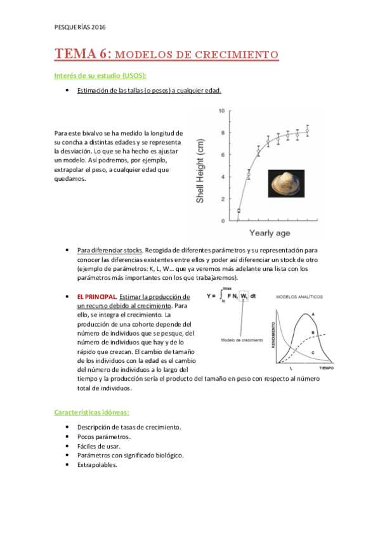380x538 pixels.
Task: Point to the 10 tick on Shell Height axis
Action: click(x=221, y=111)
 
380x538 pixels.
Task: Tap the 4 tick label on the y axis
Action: click(x=222, y=177)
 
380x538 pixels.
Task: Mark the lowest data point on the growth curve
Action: click(x=239, y=210)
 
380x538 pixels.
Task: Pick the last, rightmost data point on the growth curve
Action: click(x=307, y=131)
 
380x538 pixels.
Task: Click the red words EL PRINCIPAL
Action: click(x=97, y=297)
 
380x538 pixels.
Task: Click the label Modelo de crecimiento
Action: click(x=242, y=341)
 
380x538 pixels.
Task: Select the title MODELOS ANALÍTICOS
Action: click(x=299, y=296)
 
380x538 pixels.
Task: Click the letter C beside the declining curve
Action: click(x=313, y=351)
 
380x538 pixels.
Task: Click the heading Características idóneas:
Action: click(x=93, y=412)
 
